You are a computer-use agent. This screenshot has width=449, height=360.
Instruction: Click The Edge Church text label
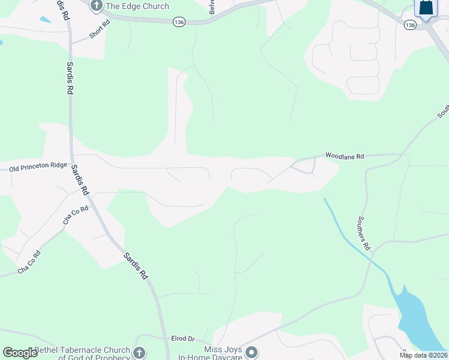[x=137, y=7]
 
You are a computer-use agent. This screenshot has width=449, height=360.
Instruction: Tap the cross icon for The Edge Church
[x=96, y=6]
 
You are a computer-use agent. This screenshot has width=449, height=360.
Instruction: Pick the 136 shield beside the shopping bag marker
[x=410, y=25]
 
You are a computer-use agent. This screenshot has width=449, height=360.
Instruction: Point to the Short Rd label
[x=100, y=29]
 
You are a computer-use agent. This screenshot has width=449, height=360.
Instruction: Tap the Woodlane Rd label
[x=345, y=156]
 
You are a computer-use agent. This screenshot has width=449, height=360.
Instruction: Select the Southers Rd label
[x=364, y=233]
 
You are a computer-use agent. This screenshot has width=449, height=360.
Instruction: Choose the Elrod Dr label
[x=183, y=339]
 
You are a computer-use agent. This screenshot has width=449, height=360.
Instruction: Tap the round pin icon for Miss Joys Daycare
[x=252, y=352]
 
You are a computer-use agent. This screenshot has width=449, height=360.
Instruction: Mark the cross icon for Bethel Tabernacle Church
[x=139, y=353]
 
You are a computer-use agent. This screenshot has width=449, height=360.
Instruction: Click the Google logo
[x=20, y=353]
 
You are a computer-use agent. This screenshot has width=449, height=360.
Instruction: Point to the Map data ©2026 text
[x=423, y=355]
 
